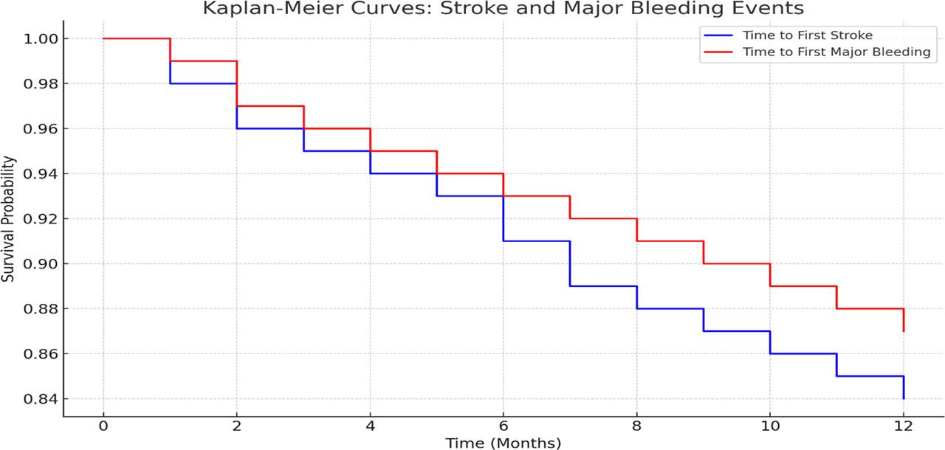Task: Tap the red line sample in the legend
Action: (719, 52)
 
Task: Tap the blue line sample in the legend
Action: (719, 35)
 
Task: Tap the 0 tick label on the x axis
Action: (103, 427)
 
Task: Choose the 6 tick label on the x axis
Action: (504, 427)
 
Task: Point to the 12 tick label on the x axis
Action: (903, 427)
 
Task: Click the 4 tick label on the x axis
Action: (370, 427)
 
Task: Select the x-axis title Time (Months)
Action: (503, 443)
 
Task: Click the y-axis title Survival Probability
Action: (8, 218)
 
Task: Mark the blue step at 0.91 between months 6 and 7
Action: (537, 241)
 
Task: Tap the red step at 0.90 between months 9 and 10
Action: (737, 263)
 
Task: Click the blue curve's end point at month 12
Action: (904, 398)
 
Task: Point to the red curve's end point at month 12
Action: (904, 331)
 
